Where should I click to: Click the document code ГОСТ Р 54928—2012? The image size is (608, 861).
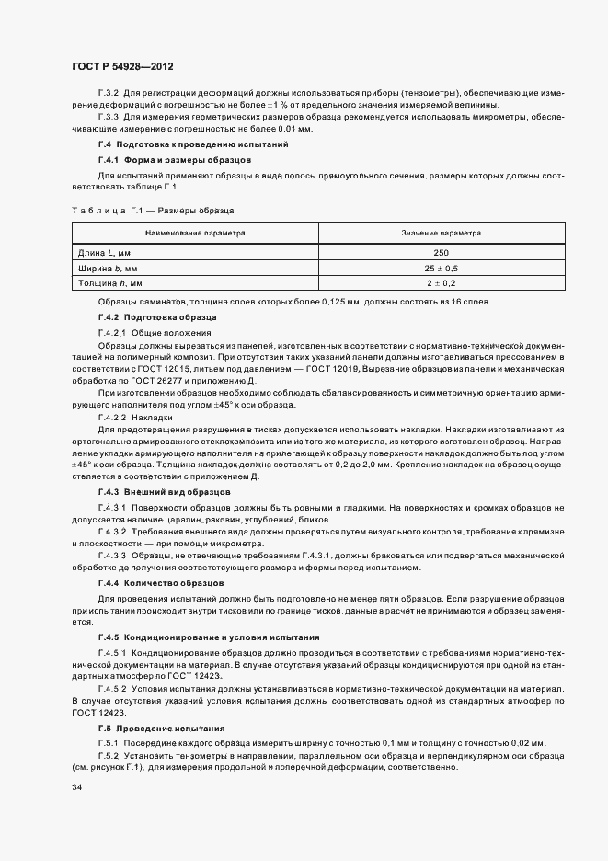coord(122,67)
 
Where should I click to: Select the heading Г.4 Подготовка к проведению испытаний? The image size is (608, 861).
coord(193,144)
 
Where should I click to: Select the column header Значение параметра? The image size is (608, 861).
coord(441,234)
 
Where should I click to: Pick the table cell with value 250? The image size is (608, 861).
coord(441,252)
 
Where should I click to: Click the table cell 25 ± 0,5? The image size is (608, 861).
coord(441,268)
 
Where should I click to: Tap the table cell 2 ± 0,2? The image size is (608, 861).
coord(441,283)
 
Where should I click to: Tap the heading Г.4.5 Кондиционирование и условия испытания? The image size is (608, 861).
coord(209,637)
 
